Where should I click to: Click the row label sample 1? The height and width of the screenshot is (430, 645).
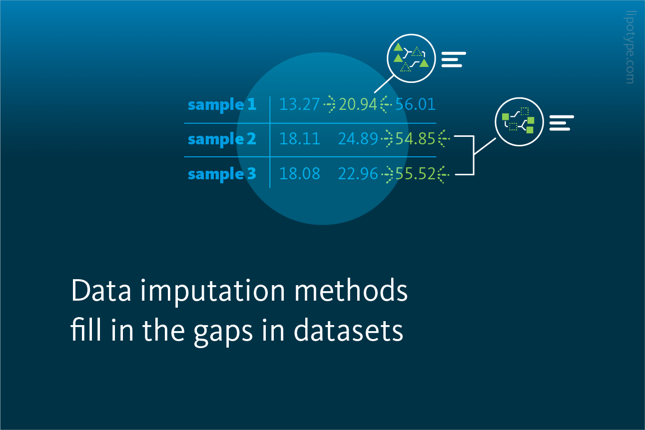[222, 105]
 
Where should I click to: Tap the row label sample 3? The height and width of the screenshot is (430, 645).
[222, 174]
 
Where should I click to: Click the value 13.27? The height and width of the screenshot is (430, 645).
[299, 104]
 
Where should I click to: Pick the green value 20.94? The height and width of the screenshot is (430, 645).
[358, 104]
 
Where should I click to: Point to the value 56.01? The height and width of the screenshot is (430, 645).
[415, 104]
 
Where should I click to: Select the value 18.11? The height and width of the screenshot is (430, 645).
[299, 139]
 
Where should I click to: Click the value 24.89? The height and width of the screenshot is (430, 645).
[358, 139]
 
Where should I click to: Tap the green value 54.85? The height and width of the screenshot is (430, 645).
[415, 139]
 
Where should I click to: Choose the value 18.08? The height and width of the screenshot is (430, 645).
[299, 174]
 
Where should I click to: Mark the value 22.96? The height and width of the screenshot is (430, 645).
[358, 174]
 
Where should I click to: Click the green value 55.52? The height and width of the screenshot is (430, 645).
[415, 174]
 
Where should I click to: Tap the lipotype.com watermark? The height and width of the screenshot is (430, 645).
[630, 47]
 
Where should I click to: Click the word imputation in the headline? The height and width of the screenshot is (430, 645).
[213, 291]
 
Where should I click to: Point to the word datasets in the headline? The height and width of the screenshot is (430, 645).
[348, 331]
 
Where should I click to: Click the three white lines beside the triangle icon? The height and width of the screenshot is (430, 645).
[454, 59]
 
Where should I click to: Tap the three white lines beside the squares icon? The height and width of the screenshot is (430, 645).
[562, 123]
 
